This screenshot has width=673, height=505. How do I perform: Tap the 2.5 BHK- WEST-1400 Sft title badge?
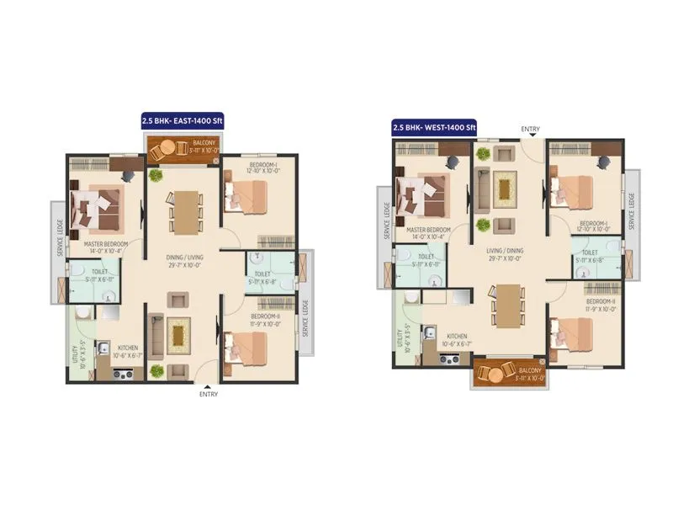tap(433, 127)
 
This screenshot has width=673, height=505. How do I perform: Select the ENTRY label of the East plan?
tap(208, 393)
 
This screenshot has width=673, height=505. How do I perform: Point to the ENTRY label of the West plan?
tap(530, 129)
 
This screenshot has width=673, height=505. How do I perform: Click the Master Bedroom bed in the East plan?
tap(98, 208)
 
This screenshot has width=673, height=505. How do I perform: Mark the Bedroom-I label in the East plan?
tap(262, 167)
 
